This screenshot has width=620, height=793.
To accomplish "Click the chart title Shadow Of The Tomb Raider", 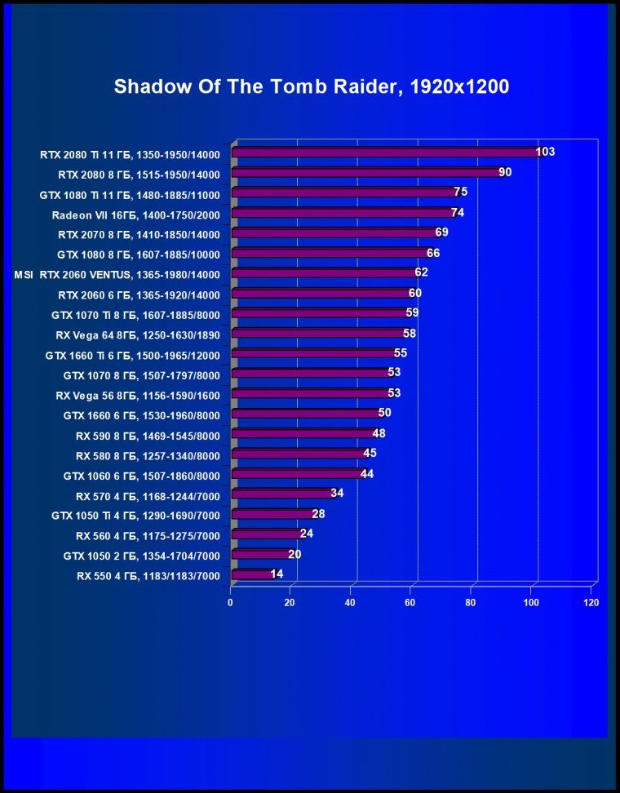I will pos(311,86).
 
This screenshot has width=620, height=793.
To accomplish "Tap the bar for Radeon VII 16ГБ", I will pos(343,213).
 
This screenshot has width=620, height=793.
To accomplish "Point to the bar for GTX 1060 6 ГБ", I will pos(298,474).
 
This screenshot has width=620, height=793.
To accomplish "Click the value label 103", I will pos(545,152).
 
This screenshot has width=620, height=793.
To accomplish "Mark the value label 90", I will pos(505,172).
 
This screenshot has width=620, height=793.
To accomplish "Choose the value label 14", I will pos(277,574).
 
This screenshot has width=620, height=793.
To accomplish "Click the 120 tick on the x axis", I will pos(591,603).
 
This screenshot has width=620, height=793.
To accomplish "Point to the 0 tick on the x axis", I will pos(230,603).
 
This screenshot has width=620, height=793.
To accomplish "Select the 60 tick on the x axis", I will pos(410,603).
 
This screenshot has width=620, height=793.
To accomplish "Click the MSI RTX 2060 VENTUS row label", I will pos(117,273).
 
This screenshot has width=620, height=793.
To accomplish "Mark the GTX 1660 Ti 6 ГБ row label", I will pos(133,354).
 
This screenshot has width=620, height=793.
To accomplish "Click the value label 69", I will pos(442,233).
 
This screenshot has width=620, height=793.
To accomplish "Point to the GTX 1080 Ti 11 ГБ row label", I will pos(130,194).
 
